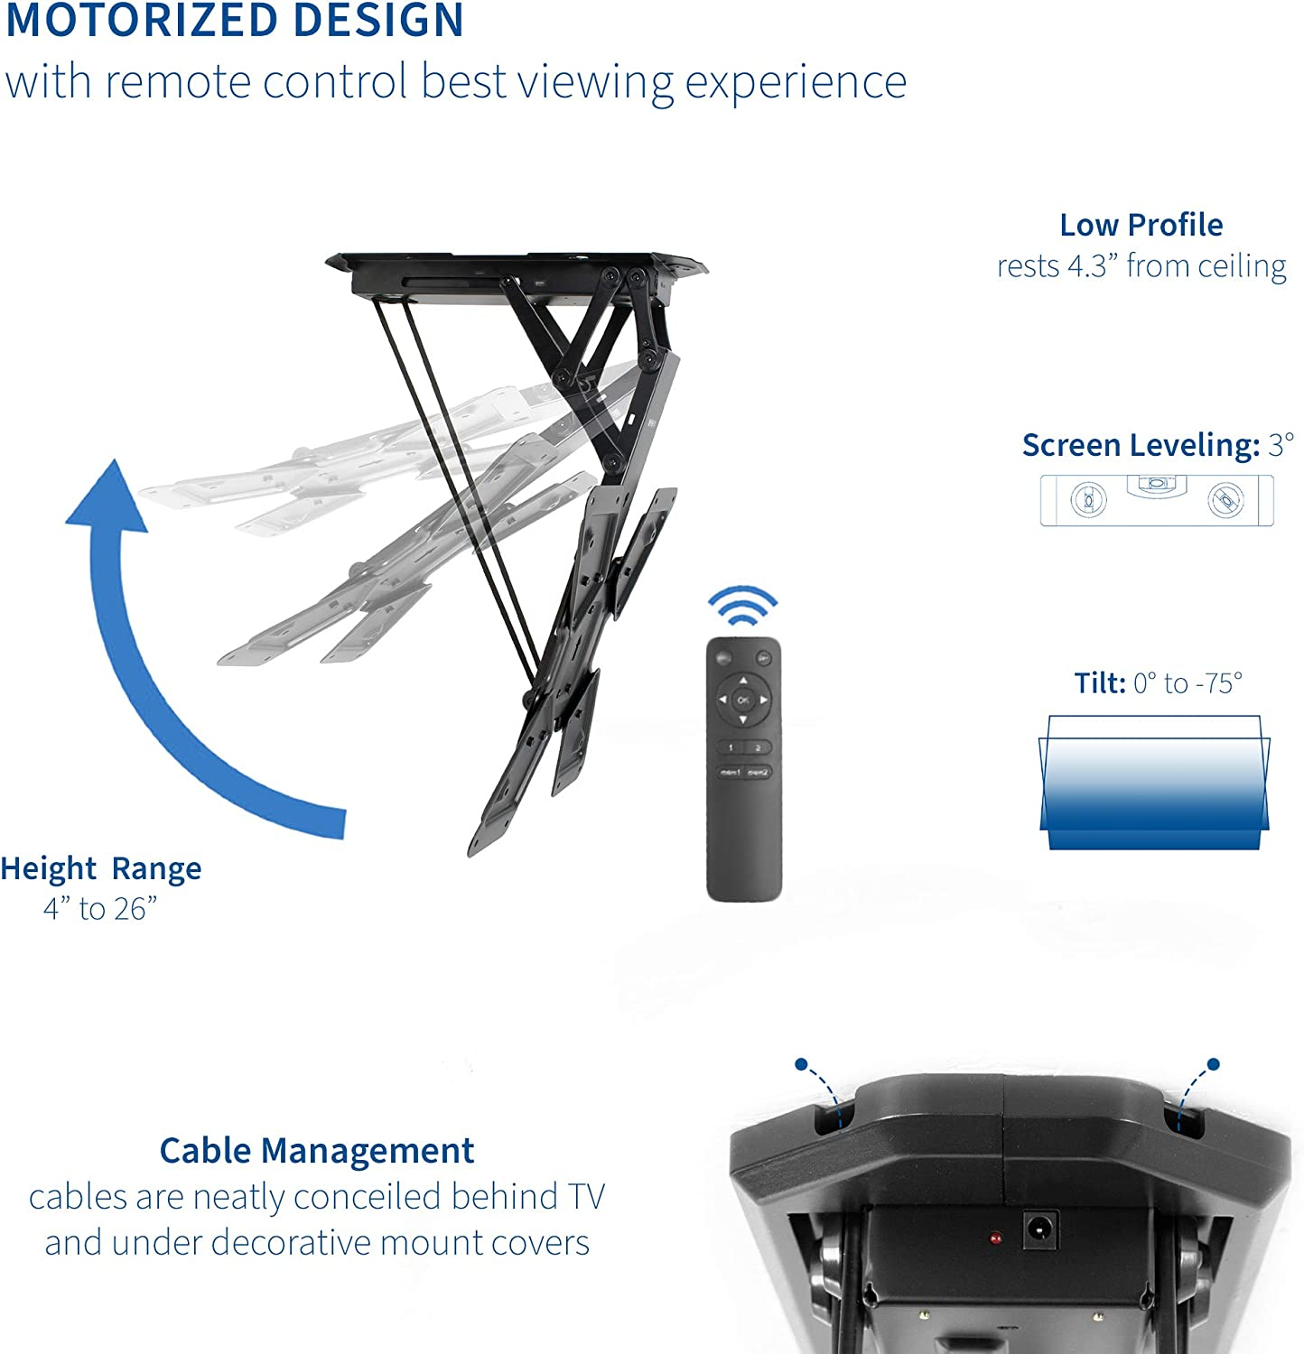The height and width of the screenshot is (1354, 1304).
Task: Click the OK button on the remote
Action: tap(743, 700)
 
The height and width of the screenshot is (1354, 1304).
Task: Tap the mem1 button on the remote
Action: tap(730, 773)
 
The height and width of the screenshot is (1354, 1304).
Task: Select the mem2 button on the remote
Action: tap(758, 773)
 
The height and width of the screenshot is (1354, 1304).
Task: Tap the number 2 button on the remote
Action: tap(758, 747)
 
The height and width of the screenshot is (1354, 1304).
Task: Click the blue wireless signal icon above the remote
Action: tap(742, 607)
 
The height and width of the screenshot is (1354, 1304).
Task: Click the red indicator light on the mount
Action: tap(994, 1238)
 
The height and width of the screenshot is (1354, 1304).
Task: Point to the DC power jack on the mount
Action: tap(1039, 1229)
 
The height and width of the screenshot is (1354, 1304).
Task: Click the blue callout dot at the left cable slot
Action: tap(801, 1064)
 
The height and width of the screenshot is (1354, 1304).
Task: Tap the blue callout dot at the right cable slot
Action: tap(1213, 1064)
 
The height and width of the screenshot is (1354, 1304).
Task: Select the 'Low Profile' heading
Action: tap(1141, 225)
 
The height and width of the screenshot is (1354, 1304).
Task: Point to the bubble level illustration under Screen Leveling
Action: tap(1157, 500)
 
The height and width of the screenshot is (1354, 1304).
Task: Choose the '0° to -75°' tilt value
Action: tap(1188, 683)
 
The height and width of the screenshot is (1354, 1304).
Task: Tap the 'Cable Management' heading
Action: tap(317, 1151)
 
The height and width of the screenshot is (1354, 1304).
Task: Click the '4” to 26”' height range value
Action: tap(100, 909)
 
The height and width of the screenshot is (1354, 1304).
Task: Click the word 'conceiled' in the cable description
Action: tap(368, 1197)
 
